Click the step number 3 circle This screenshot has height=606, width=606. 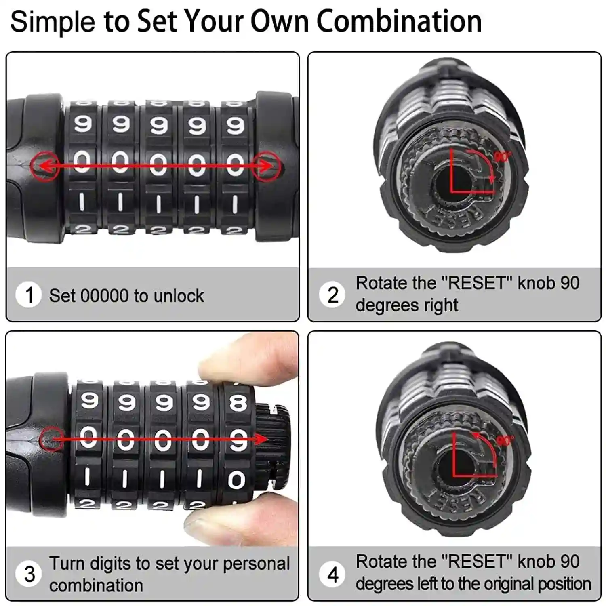[29, 574]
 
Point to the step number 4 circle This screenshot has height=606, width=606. [332, 574]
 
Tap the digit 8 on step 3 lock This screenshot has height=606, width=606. [238, 403]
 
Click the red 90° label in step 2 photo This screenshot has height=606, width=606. [503, 156]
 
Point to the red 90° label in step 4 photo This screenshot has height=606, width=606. [505, 440]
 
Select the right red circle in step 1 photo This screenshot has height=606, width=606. [266, 166]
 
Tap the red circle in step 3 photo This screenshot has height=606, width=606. [51, 439]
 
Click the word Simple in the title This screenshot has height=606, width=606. [53, 22]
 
